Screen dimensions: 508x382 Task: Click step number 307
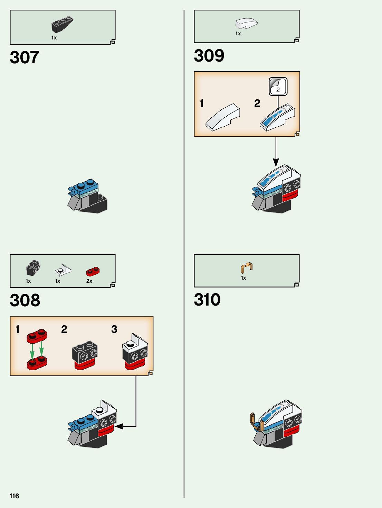click(x=25, y=57)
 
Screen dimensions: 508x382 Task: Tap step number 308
click(x=25, y=300)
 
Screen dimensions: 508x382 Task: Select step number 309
click(x=209, y=56)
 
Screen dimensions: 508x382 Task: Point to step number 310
click(x=207, y=300)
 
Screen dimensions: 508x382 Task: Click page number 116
click(x=14, y=496)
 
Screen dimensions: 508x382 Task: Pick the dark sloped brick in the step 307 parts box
click(x=62, y=24)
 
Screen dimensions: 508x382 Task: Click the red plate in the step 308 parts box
click(x=93, y=271)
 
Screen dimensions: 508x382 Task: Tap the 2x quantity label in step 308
click(x=89, y=281)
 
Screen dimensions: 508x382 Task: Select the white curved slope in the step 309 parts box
click(x=246, y=23)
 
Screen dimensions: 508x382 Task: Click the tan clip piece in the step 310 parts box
click(x=247, y=267)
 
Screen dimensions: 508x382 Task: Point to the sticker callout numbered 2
click(x=278, y=87)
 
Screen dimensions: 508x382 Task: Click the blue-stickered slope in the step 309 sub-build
click(x=277, y=118)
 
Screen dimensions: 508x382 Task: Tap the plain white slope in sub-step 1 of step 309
click(x=222, y=118)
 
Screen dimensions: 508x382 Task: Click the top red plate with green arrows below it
click(x=37, y=336)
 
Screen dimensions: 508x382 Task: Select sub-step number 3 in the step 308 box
click(x=114, y=329)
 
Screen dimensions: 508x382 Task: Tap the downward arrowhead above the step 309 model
click(x=276, y=162)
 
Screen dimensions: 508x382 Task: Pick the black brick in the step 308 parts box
click(x=33, y=268)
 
